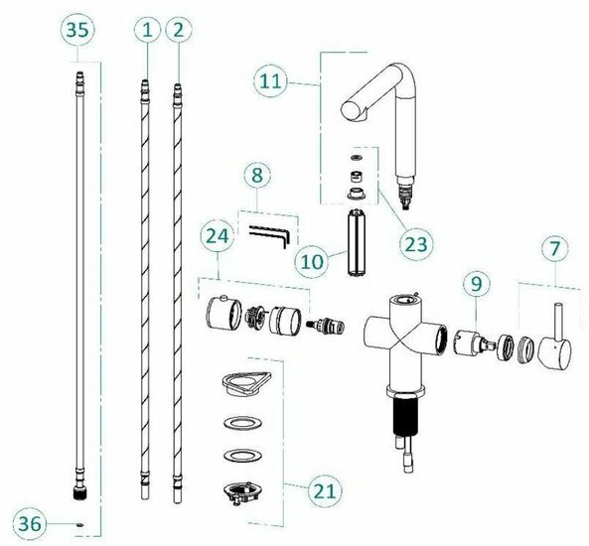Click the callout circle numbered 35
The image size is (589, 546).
point(77,30)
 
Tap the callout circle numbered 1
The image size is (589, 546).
point(147,30)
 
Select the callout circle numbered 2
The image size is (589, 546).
point(178,30)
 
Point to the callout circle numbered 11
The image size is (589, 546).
point(270,81)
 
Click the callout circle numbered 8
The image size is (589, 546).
point(257,175)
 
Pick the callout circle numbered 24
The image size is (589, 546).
point(218,236)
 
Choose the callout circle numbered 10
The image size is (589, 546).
point(312,261)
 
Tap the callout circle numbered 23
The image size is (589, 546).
point(416,244)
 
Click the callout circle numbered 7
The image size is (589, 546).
point(555,248)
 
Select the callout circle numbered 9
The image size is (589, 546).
point(477,284)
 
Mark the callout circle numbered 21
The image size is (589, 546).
point(325,490)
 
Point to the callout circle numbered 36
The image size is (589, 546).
point(29,523)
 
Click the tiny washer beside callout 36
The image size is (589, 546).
point(79,524)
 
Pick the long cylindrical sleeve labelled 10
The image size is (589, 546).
point(357,243)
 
